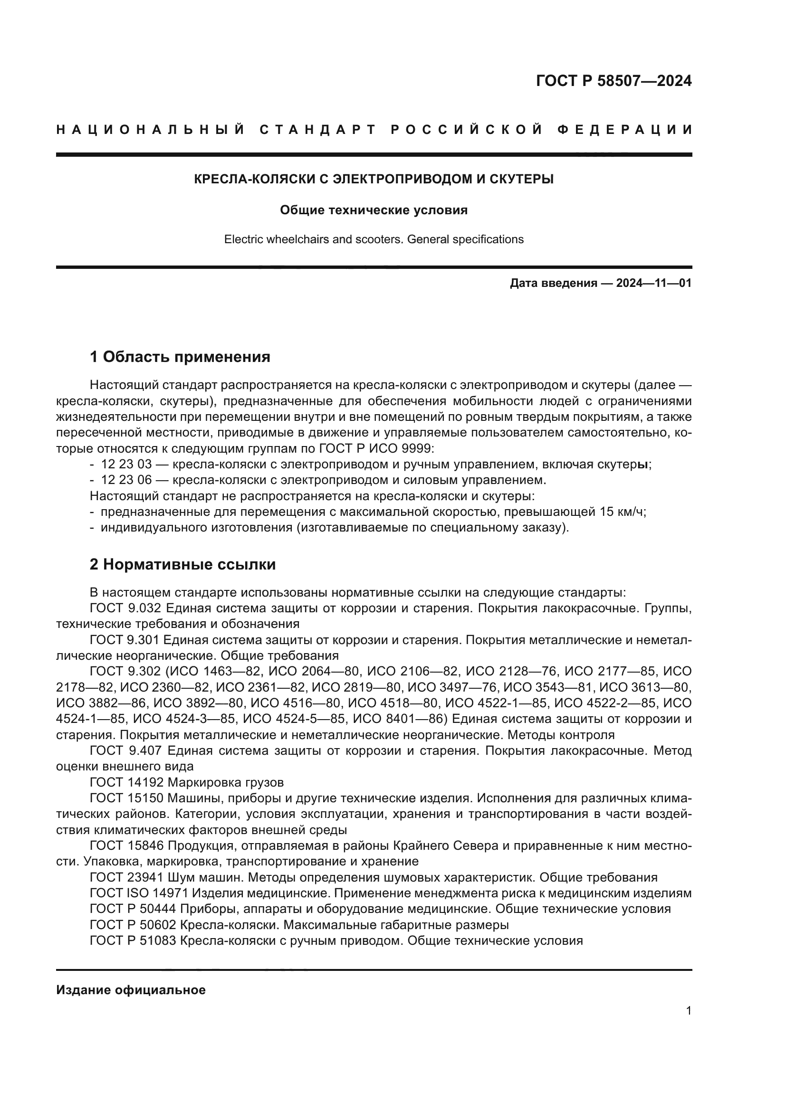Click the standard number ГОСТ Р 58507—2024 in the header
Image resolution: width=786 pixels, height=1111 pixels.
tap(613, 81)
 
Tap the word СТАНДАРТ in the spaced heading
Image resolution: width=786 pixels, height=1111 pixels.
tap(317, 130)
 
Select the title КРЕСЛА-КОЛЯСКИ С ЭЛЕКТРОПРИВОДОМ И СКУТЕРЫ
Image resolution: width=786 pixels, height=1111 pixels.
tap(374, 179)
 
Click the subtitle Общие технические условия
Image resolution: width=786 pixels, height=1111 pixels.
tap(374, 210)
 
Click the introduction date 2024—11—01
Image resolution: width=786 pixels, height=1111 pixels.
tap(653, 283)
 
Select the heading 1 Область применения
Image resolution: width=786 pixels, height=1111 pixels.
tap(180, 357)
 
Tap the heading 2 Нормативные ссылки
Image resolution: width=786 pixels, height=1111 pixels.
tap(182, 564)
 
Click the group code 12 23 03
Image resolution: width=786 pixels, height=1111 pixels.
tap(126, 464)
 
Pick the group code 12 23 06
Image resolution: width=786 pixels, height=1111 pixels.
tap(126, 480)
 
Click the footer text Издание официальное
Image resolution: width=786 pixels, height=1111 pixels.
tap(131, 990)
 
